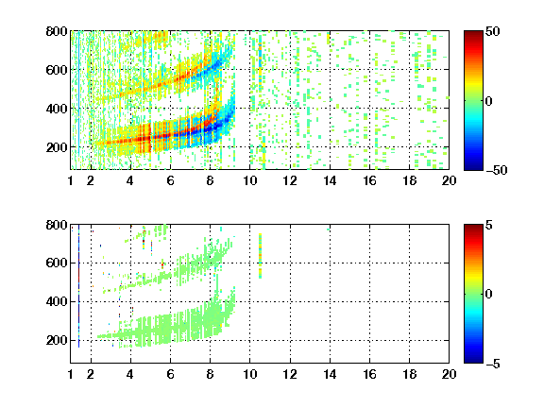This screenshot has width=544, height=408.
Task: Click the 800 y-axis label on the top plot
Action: coord(57,31)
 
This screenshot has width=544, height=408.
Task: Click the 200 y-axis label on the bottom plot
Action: coord(57,340)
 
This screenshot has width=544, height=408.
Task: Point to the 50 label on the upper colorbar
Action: coord(492,31)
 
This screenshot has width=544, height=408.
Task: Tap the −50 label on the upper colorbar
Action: coord(497,170)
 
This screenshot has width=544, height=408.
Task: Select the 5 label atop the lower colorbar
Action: coord(489,225)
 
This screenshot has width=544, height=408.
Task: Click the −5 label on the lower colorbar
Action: coord(493,364)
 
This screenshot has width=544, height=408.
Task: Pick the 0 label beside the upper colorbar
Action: coord(489,101)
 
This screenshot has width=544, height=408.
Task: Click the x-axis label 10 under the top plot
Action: coord(249,180)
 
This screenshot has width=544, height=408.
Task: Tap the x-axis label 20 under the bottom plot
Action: coord(449,374)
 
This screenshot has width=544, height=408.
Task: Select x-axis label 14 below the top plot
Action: coord(330,180)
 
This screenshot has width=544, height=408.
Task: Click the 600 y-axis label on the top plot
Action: coord(57,70)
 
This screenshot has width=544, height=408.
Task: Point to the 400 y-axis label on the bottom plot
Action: coord(57,301)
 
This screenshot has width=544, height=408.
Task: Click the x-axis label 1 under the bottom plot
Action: coord(71,374)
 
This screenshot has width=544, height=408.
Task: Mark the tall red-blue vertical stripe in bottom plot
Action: coord(78,286)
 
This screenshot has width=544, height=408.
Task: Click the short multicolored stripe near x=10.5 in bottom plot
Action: coord(261,256)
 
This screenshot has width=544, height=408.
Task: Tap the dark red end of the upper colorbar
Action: coord(473,34)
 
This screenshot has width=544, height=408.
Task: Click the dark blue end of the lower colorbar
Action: coord(473,360)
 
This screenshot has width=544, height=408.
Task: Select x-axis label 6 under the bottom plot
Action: coord(170,374)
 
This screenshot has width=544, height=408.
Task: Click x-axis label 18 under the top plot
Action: coord(409,180)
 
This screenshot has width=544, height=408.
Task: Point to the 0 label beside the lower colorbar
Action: coord(489,295)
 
